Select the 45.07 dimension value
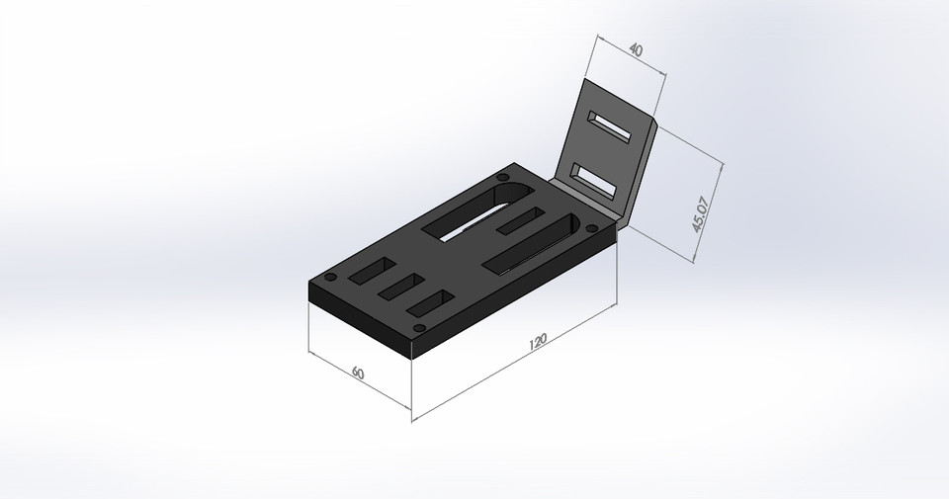coord(701,212)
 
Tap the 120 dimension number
coord(538,343)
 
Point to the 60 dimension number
coord(358,373)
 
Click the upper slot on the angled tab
coord(610,126)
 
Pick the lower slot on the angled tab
coord(596,180)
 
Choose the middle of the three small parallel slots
coord(399,287)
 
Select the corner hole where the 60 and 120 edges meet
coord(418,326)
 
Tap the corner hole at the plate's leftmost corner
coord(331,276)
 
